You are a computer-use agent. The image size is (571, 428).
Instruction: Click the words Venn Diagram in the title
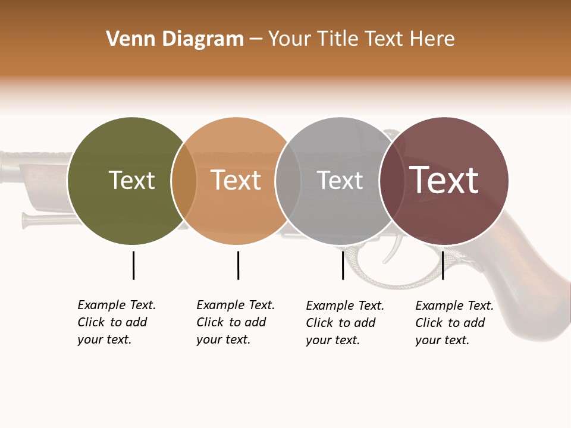tap(175, 39)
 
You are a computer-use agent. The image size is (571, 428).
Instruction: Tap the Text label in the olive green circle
tap(131, 180)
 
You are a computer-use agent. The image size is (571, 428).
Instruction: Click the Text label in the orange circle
tap(236, 180)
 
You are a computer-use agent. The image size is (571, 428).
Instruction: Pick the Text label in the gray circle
tap(340, 180)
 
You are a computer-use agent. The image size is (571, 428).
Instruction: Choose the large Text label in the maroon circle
tap(444, 180)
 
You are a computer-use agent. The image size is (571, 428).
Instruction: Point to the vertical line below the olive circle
tap(133, 265)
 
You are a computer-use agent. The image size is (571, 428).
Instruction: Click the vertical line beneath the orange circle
tap(238, 265)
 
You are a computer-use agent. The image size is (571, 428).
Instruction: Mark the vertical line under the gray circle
tap(343, 265)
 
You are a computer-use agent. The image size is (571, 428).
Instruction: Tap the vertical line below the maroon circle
tap(443, 265)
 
